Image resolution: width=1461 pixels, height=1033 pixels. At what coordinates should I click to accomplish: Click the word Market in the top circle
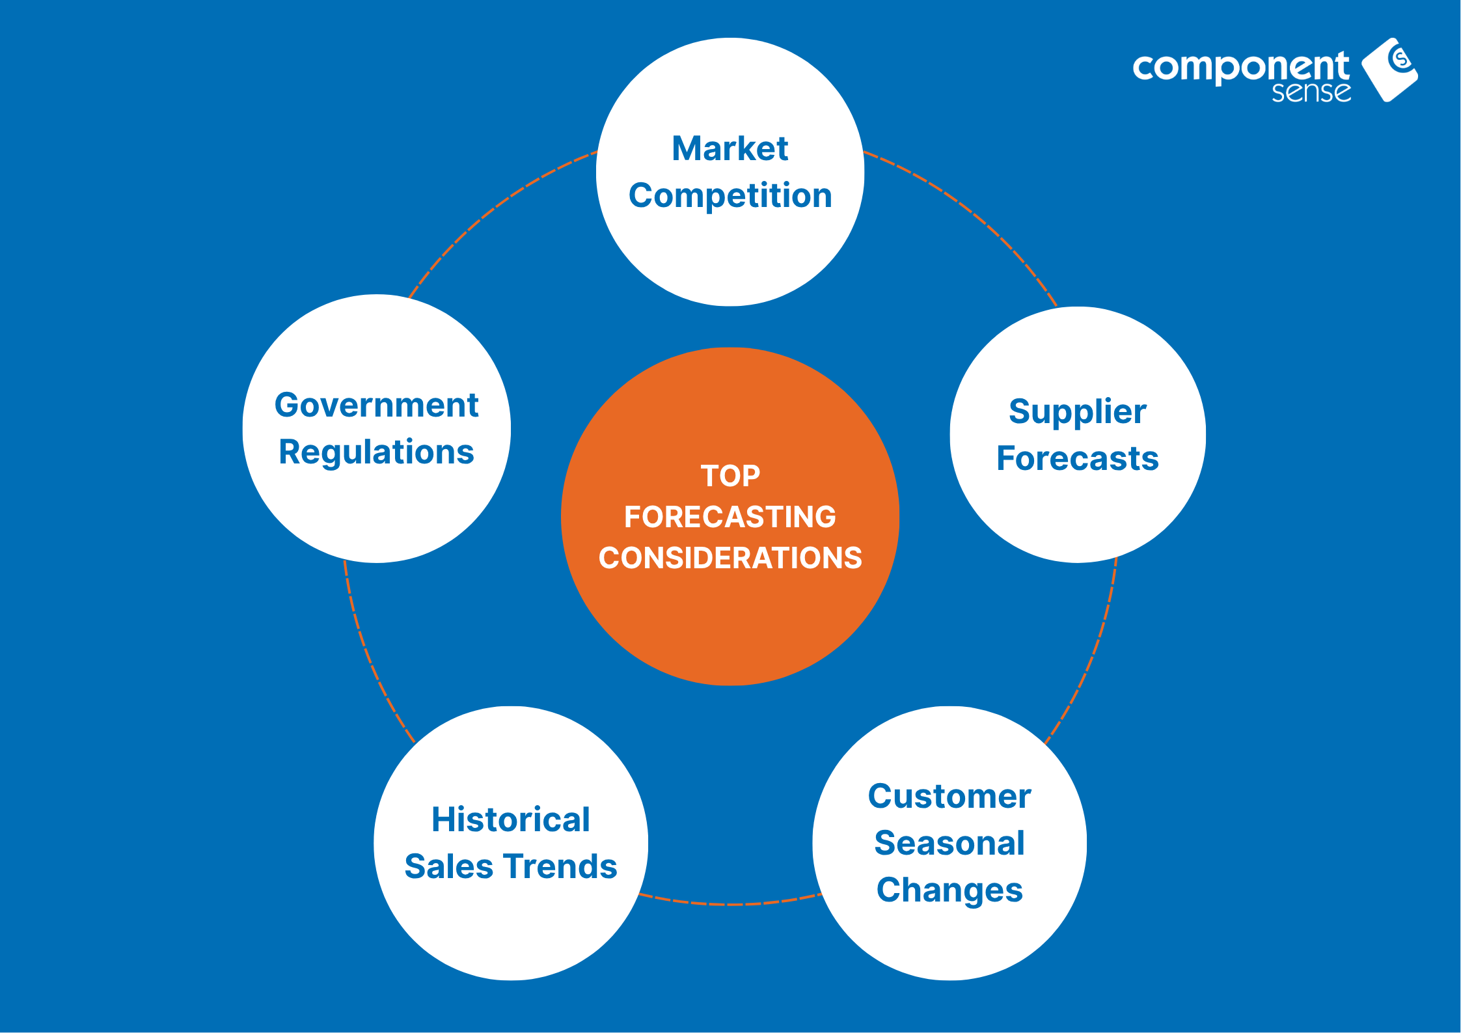coord(730,148)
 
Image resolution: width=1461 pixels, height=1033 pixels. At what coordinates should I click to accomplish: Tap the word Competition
coord(730,196)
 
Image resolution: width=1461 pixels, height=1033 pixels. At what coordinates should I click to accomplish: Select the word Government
coord(376,405)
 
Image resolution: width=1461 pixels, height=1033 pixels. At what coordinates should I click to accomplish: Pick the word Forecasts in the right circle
coord(1078,458)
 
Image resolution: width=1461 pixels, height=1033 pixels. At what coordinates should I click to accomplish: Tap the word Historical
coord(511,820)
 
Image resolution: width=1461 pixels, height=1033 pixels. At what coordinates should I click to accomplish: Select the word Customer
coord(949,796)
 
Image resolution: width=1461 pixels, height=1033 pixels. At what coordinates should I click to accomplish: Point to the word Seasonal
coord(949,843)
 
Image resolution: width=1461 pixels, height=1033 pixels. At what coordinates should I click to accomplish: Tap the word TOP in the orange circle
coord(730,476)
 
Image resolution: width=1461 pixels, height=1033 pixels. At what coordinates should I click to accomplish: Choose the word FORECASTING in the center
coord(730,517)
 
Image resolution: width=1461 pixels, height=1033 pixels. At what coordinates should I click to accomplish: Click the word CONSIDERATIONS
coord(730,558)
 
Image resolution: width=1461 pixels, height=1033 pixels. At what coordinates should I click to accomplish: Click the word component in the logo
coord(1241,67)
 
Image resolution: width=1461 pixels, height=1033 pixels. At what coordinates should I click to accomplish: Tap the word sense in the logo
coord(1311,92)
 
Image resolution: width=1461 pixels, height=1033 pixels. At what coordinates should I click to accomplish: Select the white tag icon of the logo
coord(1390,70)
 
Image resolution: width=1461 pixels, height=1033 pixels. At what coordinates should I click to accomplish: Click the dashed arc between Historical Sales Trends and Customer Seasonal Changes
coord(730,903)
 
